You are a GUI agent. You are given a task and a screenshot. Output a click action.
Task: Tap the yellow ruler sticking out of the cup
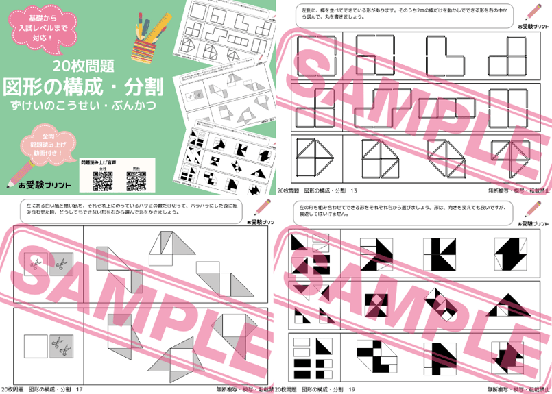pos(160,27)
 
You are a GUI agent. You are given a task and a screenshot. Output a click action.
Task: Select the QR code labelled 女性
pos(102,181)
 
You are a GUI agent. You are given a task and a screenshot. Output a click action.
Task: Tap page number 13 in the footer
pos(354,190)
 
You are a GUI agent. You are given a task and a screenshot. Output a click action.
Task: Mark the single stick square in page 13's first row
pos(314,55)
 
